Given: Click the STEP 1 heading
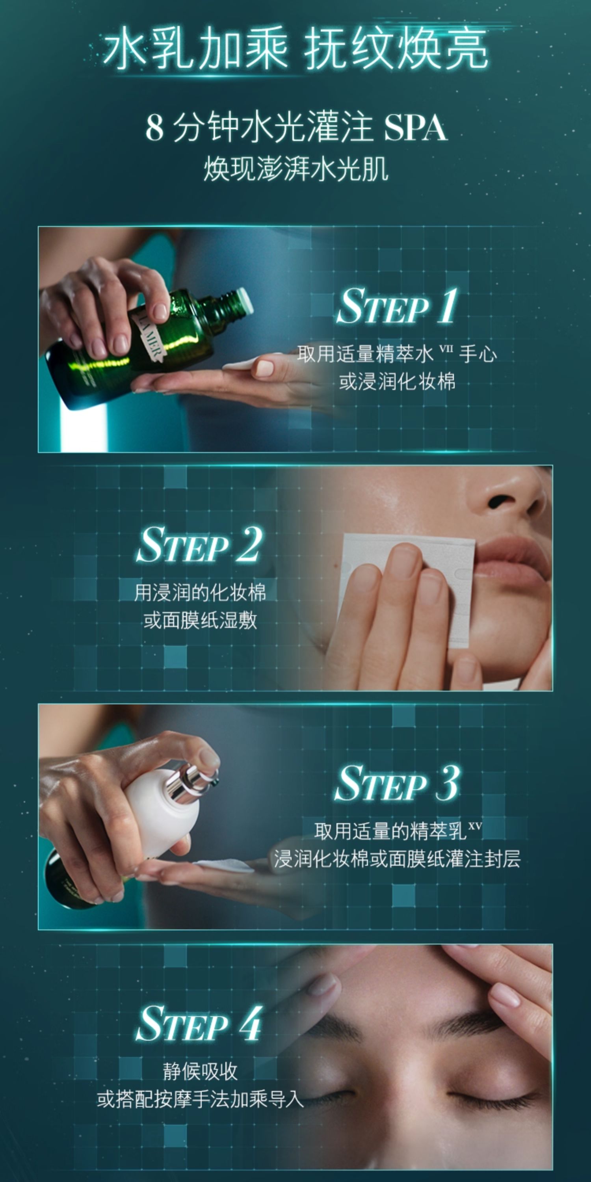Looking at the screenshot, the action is [397, 306].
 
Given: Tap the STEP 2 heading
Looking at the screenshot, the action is [199, 544].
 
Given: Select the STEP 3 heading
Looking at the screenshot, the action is [397, 783].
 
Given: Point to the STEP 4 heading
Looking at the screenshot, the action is [199, 1023].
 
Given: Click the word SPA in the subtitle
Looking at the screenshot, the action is [415, 128].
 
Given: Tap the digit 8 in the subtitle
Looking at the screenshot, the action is [154, 128].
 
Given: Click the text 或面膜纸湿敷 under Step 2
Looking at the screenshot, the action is [200, 621].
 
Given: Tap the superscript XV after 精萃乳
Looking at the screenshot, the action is [475, 825].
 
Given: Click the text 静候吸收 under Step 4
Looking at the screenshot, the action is [200, 1071].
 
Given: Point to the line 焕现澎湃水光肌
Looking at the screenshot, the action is [296, 169].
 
